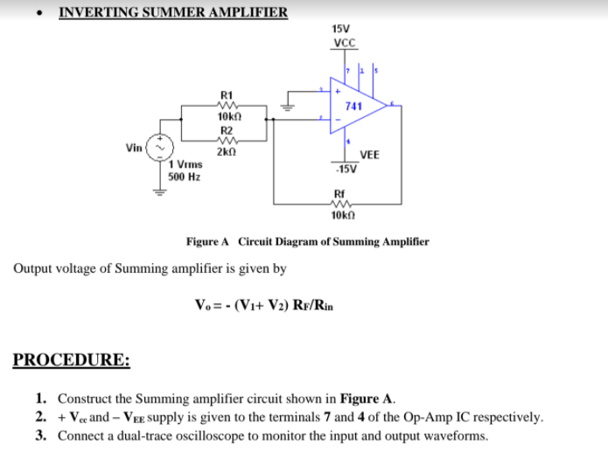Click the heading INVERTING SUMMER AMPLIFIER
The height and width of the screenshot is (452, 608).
tap(172, 12)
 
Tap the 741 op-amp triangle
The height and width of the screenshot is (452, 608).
tap(355, 106)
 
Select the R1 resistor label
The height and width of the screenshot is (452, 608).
tap(227, 94)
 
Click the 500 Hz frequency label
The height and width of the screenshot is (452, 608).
tap(185, 176)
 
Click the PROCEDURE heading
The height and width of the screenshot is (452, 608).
tap(72, 360)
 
